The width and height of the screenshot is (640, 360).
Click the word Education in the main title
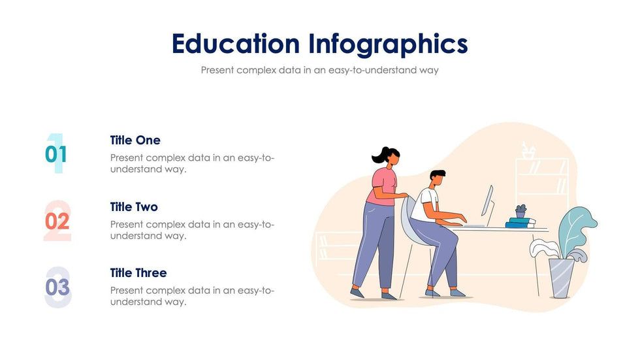coord(236,44)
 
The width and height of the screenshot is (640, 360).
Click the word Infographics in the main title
coord(388,44)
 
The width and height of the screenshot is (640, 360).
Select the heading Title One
coord(135,140)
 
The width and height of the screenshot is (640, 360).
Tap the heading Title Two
coord(134,207)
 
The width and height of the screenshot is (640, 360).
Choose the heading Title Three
coord(138,272)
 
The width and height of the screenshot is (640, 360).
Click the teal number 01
coord(56,154)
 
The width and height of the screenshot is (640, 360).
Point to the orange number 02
coord(57,221)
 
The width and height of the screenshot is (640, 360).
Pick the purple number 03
coord(57,287)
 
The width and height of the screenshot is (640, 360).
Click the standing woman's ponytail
coord(379,155)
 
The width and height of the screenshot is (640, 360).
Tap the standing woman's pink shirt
coord(383,186)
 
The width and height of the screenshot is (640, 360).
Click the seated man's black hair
coord(438,174)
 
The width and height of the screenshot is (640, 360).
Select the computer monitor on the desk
coord(487,201)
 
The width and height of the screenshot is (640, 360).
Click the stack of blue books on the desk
coord(520,222)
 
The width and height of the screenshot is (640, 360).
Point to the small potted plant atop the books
coord(520,211)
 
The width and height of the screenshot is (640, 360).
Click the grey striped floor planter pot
coord(561,278)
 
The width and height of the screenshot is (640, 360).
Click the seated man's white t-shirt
coord(424,204)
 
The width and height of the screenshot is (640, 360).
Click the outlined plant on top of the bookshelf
coord(528,150)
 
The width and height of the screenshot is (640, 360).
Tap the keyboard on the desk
coord(473,225)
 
